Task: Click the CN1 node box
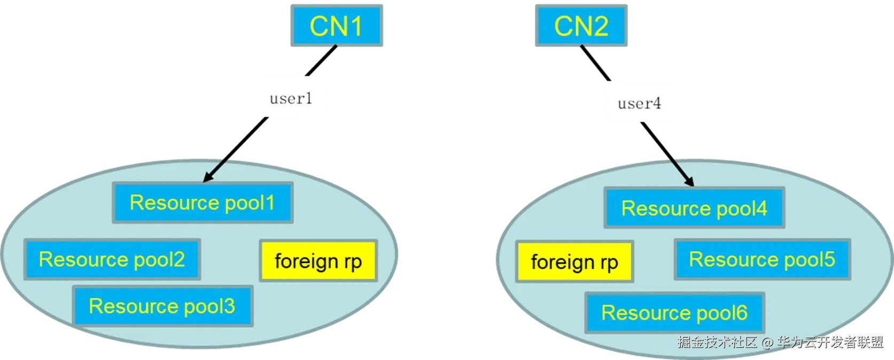pos(337,26)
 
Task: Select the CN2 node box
pos(581,26)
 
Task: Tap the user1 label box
pos(292,97)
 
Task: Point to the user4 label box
pos(639,101)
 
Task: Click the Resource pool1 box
pos(203,202)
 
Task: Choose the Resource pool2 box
pos(112,260)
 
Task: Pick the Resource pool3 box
pos(162,306)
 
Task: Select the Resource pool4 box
pos(694,208)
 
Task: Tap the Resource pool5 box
pos(762,260)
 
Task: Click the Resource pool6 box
pos(674,312)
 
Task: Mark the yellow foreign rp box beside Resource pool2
pos(318,261)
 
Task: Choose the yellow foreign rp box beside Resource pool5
pos(574,262)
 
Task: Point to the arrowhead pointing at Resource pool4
pos(690,182)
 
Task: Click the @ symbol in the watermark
pos(767,342)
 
